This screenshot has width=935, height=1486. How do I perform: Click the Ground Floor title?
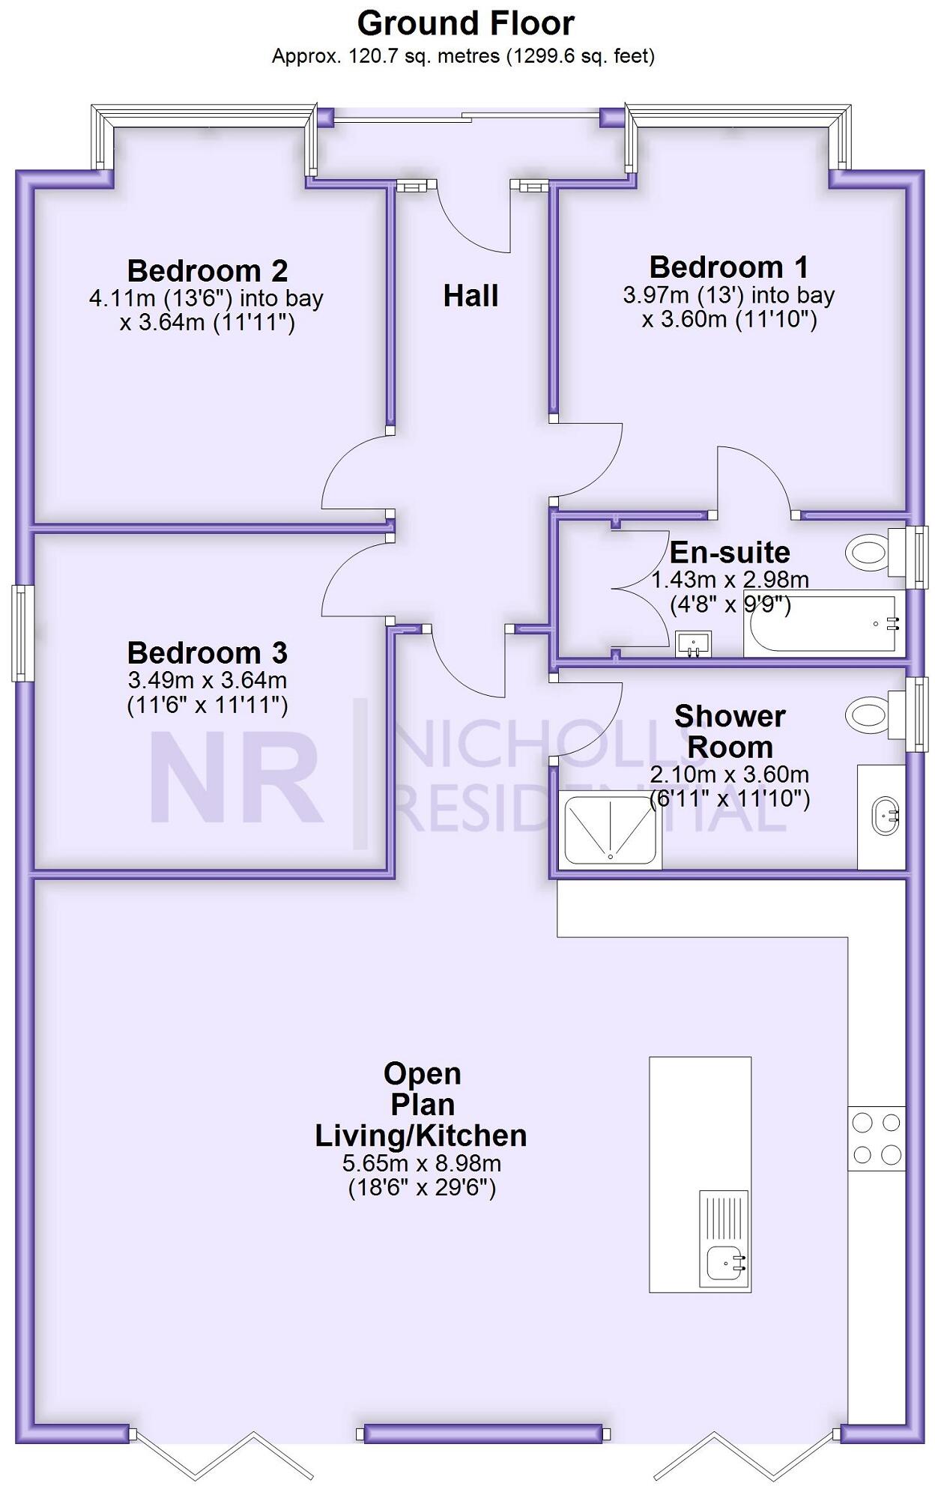point(465,24)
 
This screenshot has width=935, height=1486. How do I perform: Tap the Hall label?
point(470,296)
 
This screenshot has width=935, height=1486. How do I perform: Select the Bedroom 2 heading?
point(207,270)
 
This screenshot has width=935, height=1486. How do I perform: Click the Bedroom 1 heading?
point(728,267)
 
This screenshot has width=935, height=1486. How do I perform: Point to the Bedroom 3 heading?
point(207,652)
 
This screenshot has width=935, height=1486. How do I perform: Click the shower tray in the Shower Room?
point(610,829)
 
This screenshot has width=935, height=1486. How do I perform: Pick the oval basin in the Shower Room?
point(886,816)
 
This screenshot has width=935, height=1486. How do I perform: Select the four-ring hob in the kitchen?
point(877,1138)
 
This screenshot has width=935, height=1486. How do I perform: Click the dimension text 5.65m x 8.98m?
point(422,1163)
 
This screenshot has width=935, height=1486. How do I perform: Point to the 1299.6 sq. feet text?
point(581,56)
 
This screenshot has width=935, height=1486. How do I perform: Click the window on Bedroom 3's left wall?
point(22,633)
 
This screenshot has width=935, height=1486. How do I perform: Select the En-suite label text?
point(729,553)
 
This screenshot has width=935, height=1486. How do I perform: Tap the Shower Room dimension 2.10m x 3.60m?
point(729,774)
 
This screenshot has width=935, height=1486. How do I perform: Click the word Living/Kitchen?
point(420,1135)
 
